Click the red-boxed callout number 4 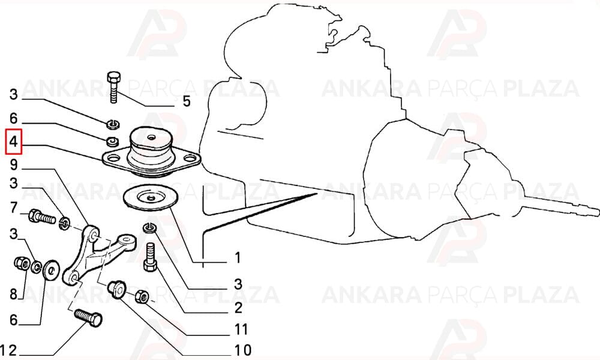pos(13,142)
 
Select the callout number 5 pos(187,101)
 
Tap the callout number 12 pos(8,350)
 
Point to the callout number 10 pos(242,350)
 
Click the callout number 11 pos(241,329)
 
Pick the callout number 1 pos(238,257)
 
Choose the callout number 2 pos(238,307)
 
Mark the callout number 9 pos(14,165)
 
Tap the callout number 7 pos(14,208)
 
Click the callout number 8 pos(14,294)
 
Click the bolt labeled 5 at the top pos(114,87)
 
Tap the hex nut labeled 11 pos(142,296)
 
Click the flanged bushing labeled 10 pos(117,289)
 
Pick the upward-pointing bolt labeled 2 pos(150,257)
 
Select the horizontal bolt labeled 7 pos(42,217)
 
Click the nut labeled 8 pos(22,263)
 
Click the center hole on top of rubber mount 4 pos(151,137)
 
